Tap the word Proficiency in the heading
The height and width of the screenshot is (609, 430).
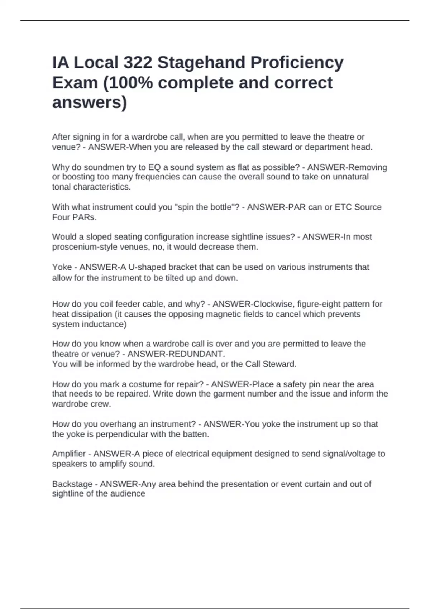(297, 63)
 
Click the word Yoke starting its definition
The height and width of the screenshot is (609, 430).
(62, 267)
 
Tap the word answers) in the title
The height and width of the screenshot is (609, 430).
(90, 103)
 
